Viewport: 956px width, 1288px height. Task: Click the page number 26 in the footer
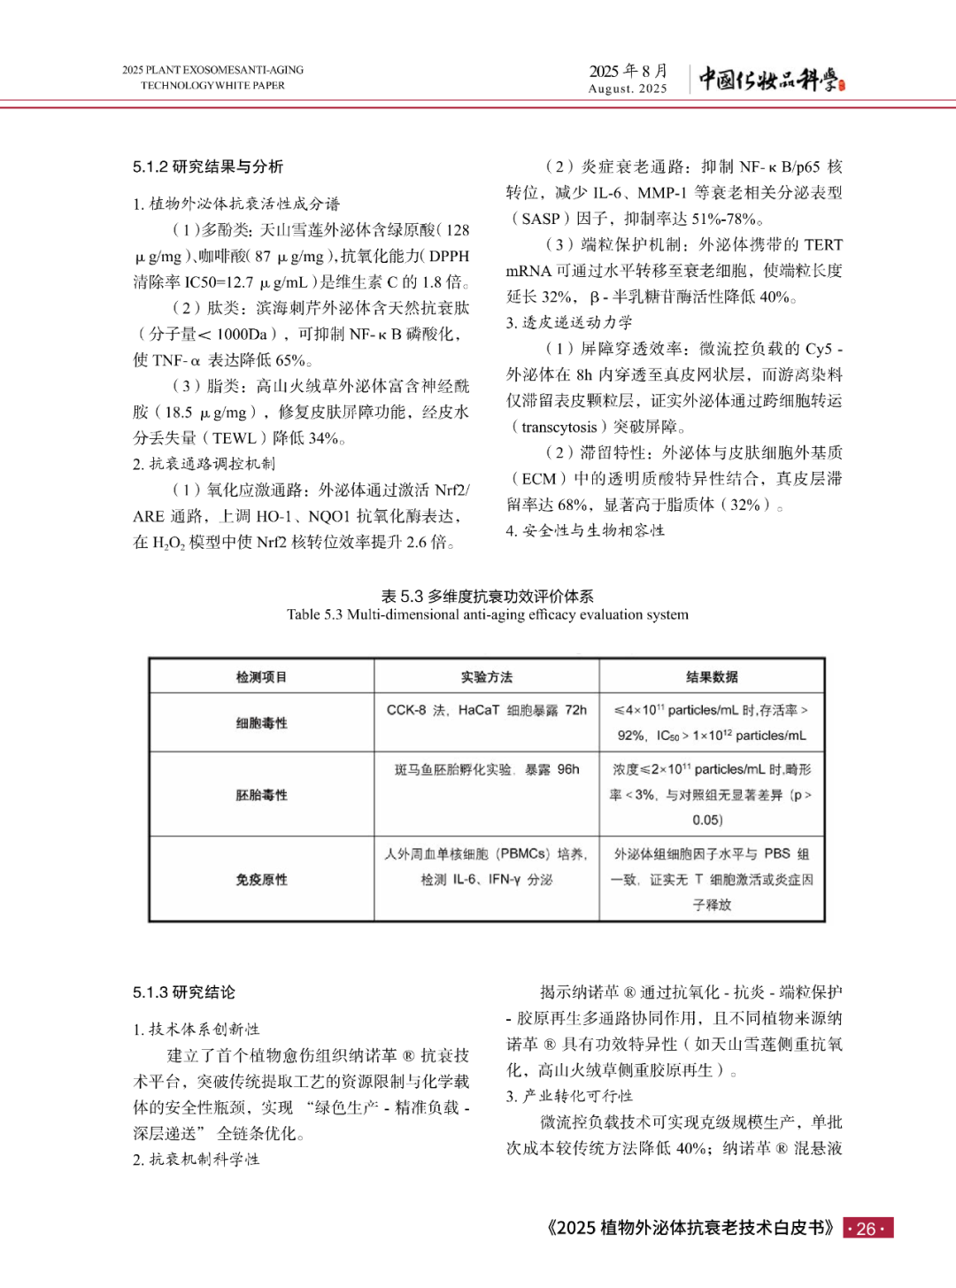coord(867,1228)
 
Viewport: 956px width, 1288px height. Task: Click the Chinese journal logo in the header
coord(771,80)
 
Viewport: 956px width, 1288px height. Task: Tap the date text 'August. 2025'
coord(628,89)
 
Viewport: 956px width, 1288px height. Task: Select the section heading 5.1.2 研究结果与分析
coord(208,166)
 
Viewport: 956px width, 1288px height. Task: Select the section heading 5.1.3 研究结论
coord(184,992)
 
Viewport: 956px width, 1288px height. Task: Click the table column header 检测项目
coord(261,677)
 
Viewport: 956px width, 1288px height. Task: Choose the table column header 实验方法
coord(486,677)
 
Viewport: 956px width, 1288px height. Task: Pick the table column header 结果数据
coord(712,677)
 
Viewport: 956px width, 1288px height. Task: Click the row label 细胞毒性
coord(261,723)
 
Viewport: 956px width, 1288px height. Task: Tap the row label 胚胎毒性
coord(261,795)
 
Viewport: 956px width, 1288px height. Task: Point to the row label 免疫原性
coord(261,879)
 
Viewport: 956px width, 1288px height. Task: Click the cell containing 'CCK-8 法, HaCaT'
coord(486,710)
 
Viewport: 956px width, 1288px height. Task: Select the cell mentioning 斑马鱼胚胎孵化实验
coord(486,769)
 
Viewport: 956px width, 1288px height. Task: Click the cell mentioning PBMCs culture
coord(486,867)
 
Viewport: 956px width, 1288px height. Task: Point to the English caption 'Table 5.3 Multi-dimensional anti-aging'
coord(487,614)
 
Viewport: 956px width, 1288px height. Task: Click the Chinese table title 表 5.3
coord(487,596)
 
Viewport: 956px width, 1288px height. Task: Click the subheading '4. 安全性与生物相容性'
coord(585,530)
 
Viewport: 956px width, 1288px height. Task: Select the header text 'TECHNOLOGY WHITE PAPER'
coord(212,86)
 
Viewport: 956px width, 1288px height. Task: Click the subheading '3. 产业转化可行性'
coord(569,1096)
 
